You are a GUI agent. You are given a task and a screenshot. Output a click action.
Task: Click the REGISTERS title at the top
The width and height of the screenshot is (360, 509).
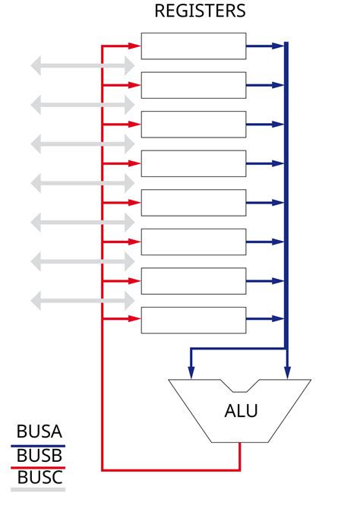coord(200,11)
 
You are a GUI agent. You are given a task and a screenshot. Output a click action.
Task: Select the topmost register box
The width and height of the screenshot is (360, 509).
coord(194,46)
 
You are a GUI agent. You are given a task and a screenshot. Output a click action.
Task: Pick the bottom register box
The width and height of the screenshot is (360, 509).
coord(194,319)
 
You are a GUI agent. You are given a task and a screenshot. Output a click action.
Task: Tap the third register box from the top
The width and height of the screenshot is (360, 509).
coord(194,124)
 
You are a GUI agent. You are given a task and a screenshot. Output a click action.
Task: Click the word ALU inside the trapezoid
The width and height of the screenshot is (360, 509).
coord(241,411)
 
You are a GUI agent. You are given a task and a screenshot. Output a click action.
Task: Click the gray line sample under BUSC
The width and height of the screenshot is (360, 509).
coord(38,490)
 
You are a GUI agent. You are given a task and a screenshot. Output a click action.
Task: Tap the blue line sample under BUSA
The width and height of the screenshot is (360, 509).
coord(38,445)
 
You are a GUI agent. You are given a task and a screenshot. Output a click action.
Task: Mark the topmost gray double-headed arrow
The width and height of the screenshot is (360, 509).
coord(82,66)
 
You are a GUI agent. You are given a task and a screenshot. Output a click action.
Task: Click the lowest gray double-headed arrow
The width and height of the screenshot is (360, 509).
coord(82,300)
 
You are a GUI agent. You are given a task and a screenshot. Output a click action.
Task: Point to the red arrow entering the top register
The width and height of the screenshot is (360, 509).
coord(122,46)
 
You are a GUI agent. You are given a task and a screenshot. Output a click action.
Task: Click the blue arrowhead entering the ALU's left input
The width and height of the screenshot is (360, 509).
coord(191,371)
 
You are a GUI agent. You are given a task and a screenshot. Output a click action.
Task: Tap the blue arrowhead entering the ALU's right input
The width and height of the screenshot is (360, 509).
coord(287,371)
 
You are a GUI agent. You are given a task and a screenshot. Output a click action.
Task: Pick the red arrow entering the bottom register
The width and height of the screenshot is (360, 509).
coord(122,319)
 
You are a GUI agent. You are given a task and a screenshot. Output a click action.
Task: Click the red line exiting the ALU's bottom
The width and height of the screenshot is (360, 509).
coord(240,456)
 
